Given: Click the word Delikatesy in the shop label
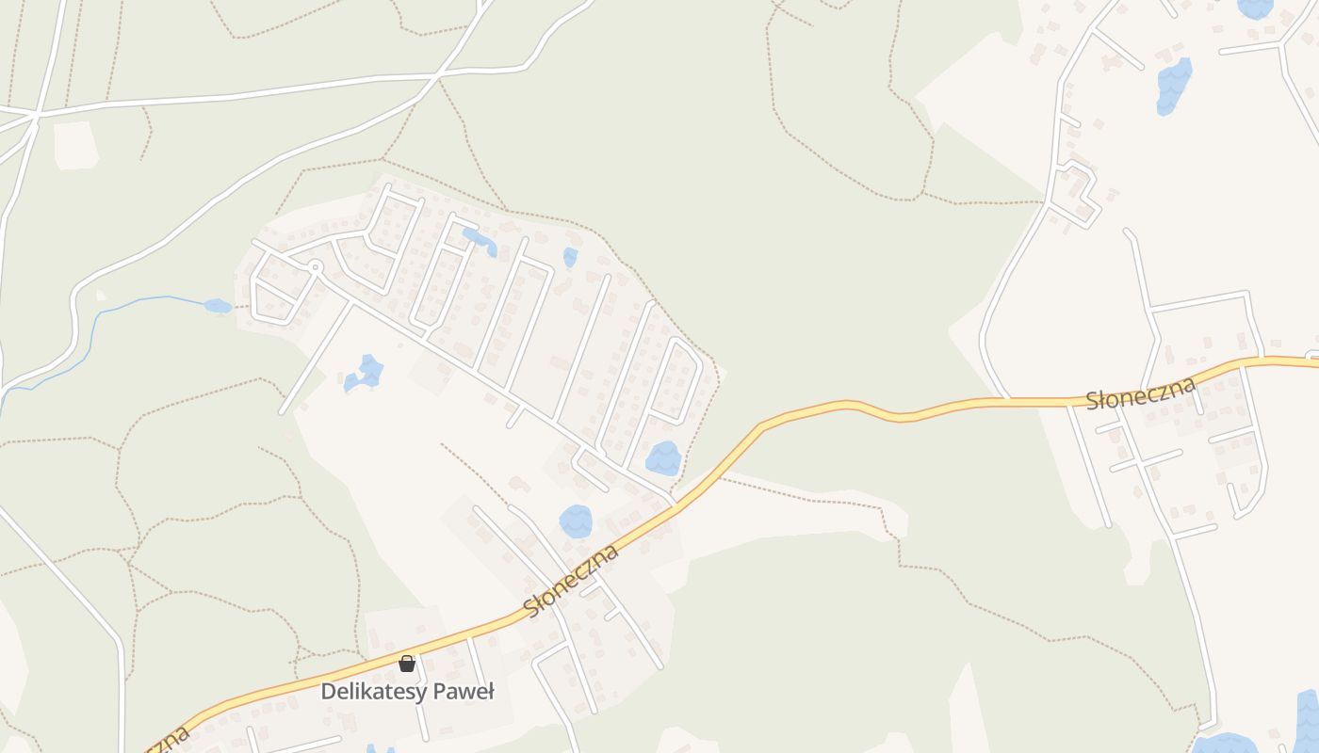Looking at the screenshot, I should [x=366, y=692].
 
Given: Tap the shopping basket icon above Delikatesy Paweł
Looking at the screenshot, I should [x=407, y=664].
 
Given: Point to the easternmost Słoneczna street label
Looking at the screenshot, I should [x=1140, y=393].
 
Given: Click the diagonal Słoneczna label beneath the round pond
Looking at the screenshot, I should [x=571, y=581].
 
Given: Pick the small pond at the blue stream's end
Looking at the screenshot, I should [x=218, y=306].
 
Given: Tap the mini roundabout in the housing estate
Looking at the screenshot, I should [x=316, y=267].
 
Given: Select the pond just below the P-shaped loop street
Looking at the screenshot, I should [x=663, y=458].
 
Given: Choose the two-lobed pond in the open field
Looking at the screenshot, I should [x=365, y=374].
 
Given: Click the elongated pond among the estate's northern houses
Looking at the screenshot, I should [x=479, y=240].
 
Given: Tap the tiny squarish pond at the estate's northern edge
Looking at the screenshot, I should [x=569, y=257].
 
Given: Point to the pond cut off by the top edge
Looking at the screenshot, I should [x=1255, y=8].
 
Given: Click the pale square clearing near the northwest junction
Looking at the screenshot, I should [x=75, y=145].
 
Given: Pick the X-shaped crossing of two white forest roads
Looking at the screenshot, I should [x=439, y=78].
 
